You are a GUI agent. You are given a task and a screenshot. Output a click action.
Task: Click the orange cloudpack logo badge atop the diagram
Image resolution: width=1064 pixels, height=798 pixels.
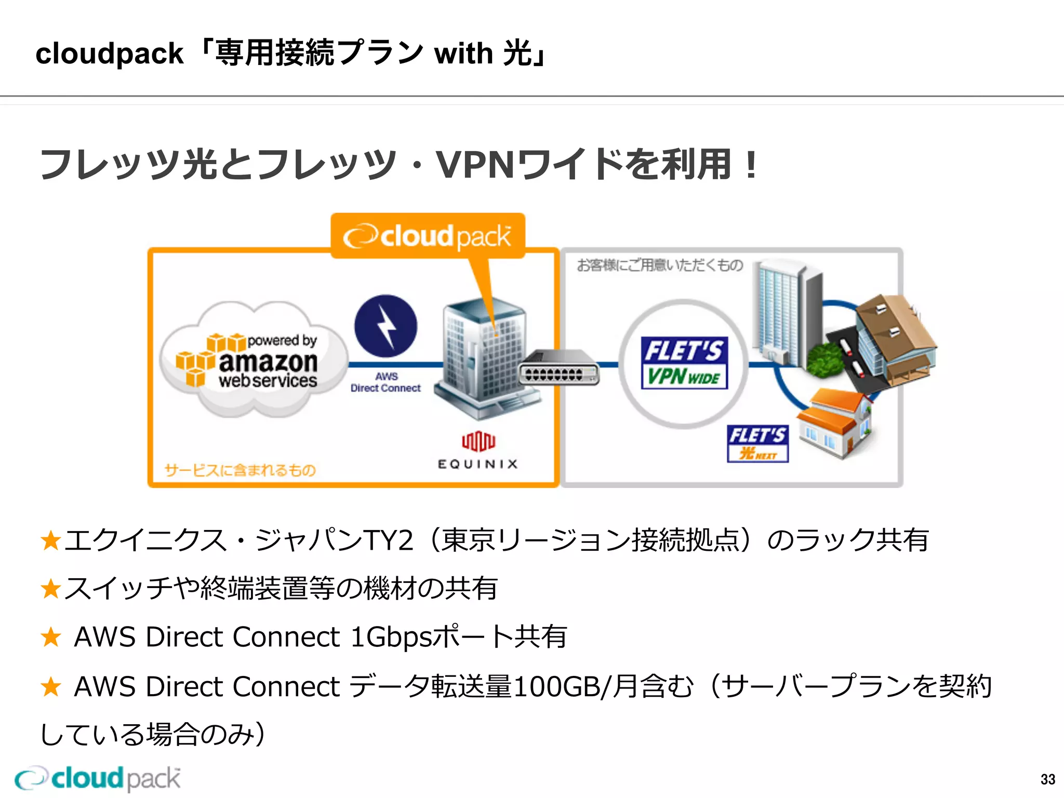(x=428, y=236)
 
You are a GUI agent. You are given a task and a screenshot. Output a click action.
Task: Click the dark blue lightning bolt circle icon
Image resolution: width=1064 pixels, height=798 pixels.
(x=385, y=326)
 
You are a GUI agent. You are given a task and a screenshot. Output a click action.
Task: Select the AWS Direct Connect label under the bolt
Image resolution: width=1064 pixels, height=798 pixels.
(x=385, y=382)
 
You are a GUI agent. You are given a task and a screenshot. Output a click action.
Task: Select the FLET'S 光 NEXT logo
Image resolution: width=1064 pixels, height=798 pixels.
(x=757, y=443)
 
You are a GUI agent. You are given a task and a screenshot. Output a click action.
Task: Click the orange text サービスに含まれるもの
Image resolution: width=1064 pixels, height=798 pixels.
(x=240, y=470)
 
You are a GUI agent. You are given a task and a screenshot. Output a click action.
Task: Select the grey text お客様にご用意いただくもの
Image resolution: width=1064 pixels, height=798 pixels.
(x=660, y=265)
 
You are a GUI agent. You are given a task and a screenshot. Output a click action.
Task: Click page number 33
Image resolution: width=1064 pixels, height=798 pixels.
(x=1047, y=779)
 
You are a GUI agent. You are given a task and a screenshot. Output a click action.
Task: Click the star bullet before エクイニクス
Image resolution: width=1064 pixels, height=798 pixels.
(x=51, y=540)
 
